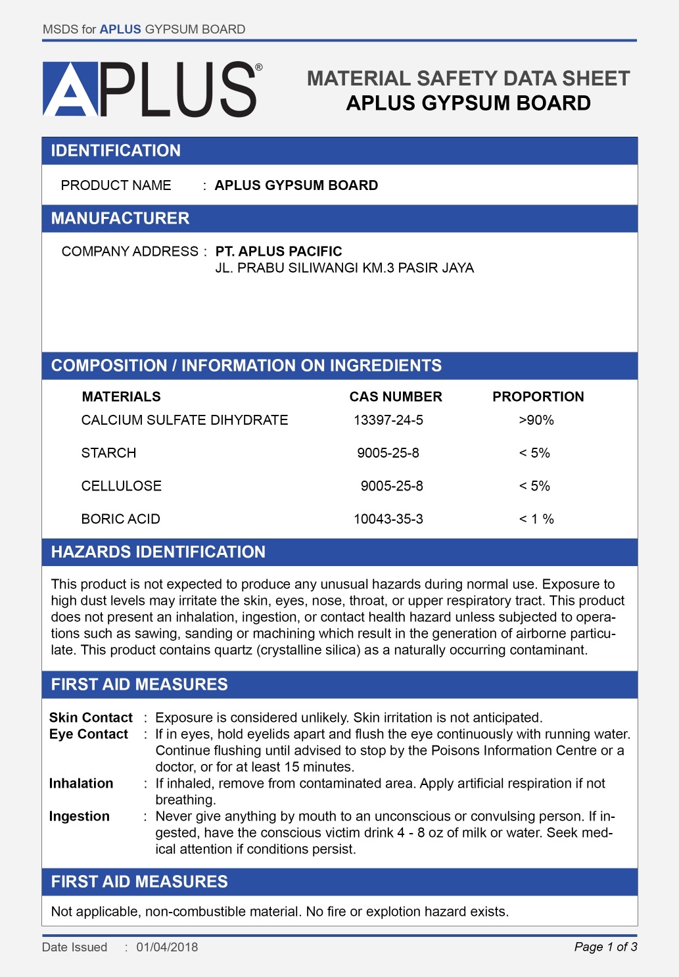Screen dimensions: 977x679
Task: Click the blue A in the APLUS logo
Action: (x=70, y=89)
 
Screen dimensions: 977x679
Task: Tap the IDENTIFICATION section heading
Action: (x=116, y=151)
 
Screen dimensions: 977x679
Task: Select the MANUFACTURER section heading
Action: (x=120, y=218)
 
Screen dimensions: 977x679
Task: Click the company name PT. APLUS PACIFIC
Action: (x=279, y=251)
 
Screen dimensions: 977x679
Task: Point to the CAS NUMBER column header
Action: (x=396, y=396)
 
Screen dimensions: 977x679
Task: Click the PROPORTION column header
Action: (x=538, y=396)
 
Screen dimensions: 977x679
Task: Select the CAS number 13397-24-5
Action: (x=388, y=420)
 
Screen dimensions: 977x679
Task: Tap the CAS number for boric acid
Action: (x=388, y=519)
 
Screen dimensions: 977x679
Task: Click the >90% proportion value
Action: (x=536, y=420)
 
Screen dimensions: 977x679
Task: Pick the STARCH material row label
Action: (x=109, y=453)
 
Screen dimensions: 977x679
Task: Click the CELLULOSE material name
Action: (x=122, y=486)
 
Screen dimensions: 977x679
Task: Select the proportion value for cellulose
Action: (x=534, y=486)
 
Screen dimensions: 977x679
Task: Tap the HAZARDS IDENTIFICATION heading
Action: (x=158, y=552)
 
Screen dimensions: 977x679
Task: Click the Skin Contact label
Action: (x=91, y=717)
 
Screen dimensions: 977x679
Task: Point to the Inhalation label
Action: (x=81, y=783)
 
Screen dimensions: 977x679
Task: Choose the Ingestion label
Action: (x=80, y=816)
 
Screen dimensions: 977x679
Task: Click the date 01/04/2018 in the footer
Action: (x=167, y=947)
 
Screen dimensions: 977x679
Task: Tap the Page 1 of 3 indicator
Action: (x=605, y=947)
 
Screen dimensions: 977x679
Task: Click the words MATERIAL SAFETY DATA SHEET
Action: (x=468, y=78)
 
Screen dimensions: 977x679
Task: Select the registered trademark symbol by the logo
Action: (x=259, y=67)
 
